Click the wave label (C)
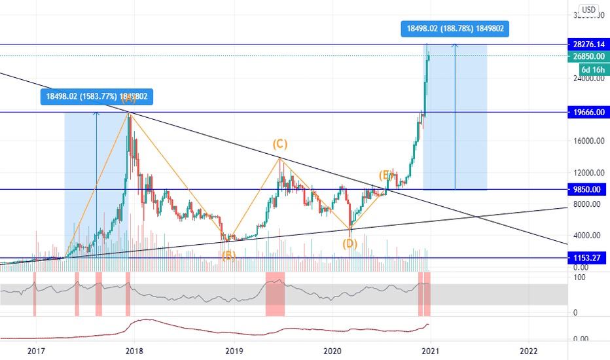[279, 143]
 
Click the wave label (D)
[350, 243]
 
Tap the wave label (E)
[386, 175]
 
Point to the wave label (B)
[228, 256]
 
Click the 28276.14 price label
[586, 44]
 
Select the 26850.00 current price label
[586, 56]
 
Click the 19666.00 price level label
[586, 112]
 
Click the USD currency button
[589, 10]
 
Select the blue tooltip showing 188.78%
[456, 28]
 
